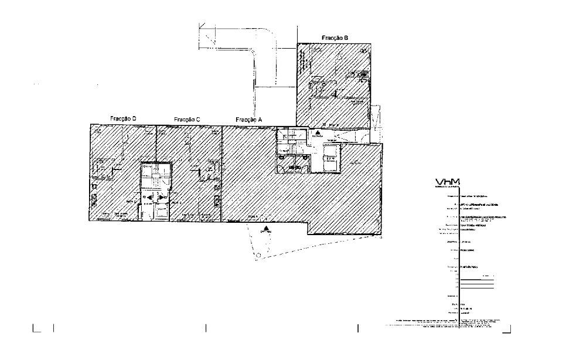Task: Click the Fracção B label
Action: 335,38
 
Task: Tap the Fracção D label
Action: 123,119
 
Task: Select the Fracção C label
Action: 187,120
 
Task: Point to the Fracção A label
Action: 248,120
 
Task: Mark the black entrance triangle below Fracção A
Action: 267,228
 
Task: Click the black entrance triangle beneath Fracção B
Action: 317,133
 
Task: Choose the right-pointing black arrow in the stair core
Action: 163,198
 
